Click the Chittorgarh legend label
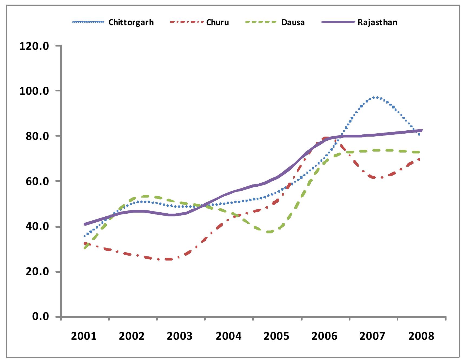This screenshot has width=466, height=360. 131,22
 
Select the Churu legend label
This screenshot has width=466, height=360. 217,22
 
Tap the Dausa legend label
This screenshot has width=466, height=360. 293,22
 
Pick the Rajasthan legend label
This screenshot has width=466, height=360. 377,22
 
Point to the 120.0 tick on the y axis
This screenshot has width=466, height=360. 34,46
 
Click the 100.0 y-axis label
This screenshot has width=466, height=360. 34,91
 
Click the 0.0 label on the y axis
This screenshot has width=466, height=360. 40,317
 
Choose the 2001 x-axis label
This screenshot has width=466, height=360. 84,336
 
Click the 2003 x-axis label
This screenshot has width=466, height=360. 180,336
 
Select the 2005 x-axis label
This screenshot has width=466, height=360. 276,336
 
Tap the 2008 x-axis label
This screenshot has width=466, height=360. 421,336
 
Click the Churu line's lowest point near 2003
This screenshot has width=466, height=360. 168,259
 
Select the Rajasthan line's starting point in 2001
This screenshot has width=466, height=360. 85,224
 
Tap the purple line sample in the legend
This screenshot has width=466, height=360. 338,22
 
